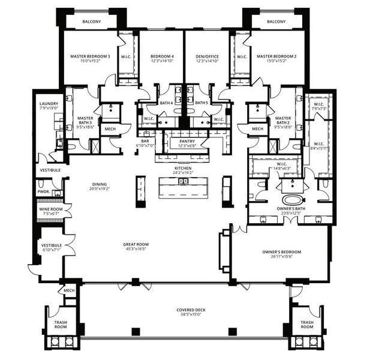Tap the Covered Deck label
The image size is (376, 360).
[191, 310]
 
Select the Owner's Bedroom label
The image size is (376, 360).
[281, 251]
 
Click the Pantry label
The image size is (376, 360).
[187, 142]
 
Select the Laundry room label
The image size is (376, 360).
[49, 104]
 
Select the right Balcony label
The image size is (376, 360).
[276, 22]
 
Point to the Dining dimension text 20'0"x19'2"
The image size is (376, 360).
[100, 188]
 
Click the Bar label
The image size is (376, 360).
[145, 142]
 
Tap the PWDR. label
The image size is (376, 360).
[43, 191]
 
